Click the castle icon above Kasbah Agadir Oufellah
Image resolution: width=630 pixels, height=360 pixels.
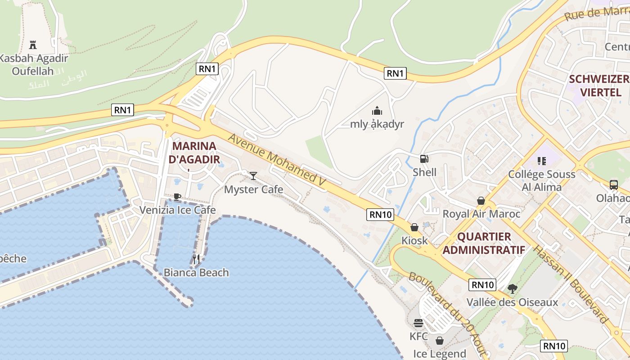pyautogui.click(x=32, y=45)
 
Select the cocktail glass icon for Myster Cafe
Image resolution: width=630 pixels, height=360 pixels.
pyautogui.click(x=253, y=175)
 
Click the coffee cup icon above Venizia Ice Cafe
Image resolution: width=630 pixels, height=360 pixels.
pyautogui.click(x=177, y=197)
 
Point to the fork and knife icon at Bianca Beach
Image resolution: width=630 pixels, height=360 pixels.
pyautogui.click(x=196, y=259)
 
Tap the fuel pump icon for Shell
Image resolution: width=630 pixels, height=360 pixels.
pyautogui.click(x=424, y=158)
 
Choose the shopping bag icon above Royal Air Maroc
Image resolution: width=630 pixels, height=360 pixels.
pyautogui.click(x=481, y=201)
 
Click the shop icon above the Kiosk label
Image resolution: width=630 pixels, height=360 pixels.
pyautogui.click(x=414, y=227)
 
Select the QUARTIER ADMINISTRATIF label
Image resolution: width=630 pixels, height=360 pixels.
pyautogui.click(x=484, y=243)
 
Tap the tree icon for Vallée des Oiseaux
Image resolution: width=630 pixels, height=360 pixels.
pyautogui.click(x=512, y=289)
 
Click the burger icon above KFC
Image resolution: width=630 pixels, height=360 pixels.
pyautogui.click(x=418, y=323)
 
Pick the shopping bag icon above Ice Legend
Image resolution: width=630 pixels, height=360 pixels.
pyautogui.click(x=440, y=341)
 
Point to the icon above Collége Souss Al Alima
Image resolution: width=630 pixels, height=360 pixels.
pyautogui.click(x=541, y=161)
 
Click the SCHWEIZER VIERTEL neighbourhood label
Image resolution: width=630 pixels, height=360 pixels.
pyautogui.click(x=598, y=85)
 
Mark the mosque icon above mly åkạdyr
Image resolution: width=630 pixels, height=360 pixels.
pyautogui.click(x=377, y=110)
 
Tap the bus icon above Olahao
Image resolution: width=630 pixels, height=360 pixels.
pyautogui.click(x=613, y=184)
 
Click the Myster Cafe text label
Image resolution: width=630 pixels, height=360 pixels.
pyautogui.click(x=253, y=189)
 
